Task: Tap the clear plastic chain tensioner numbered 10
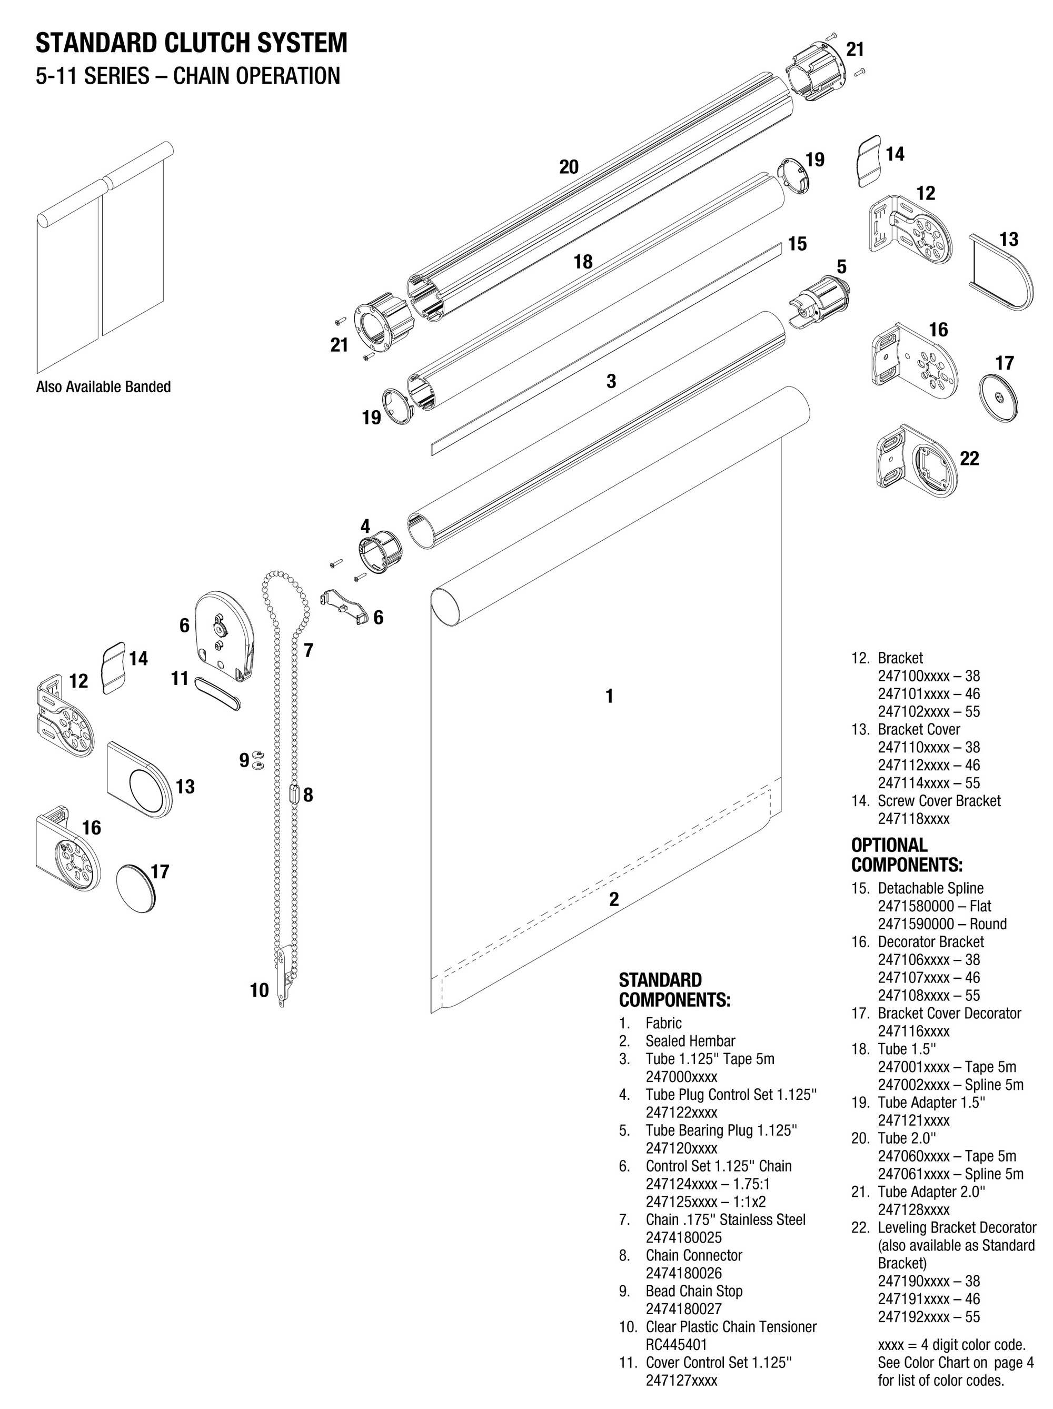point(285,975)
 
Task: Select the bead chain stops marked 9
point(258,759)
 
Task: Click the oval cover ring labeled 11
point(216,692)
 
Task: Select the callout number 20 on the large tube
point(568,167)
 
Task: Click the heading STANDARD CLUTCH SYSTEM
point(191,43)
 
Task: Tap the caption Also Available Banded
point(103,386)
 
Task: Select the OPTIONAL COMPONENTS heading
point(906,855)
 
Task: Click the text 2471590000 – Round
point(941,924)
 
